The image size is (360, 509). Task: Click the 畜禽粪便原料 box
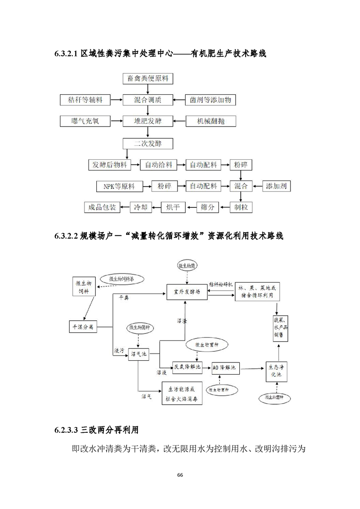click(148, 78)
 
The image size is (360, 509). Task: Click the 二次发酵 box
click(148, 143)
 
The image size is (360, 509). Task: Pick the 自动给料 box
click(158, 165)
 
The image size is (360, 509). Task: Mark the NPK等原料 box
click(119, 186)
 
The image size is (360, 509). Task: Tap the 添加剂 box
click(278, 186)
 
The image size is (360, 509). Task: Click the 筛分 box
click(207, 207)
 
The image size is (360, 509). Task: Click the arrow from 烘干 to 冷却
click(155, 207)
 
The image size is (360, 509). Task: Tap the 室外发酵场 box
click(187, 291)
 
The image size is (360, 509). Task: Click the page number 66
click(180, 475)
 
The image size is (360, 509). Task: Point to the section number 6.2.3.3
click(67, 428)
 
